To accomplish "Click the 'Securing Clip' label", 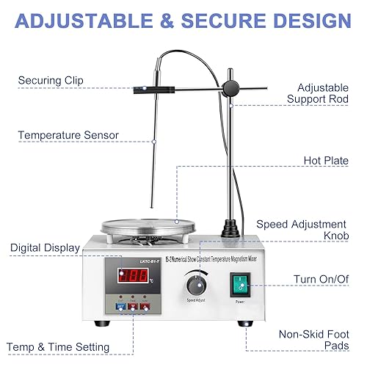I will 51,80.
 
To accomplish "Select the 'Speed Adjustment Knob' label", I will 311,230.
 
